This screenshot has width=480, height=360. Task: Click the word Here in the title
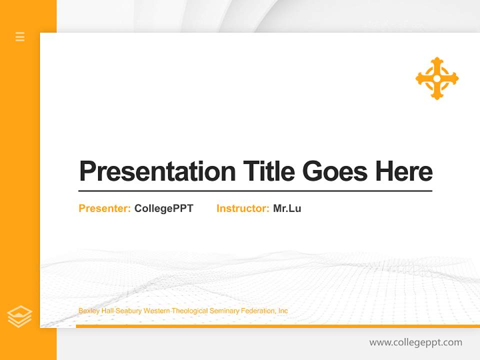403,171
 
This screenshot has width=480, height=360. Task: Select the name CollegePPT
163,208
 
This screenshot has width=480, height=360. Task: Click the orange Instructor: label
243,208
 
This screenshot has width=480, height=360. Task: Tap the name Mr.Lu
287,208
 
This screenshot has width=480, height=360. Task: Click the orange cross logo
437,78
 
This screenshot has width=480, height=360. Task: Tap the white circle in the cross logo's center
437,78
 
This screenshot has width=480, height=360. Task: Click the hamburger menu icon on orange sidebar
20,36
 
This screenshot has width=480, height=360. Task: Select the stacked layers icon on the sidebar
20,316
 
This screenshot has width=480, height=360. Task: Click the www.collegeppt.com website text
415,342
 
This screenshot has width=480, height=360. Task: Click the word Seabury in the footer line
128,311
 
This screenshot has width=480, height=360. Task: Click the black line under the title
255,191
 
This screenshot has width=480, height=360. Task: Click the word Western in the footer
156,311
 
